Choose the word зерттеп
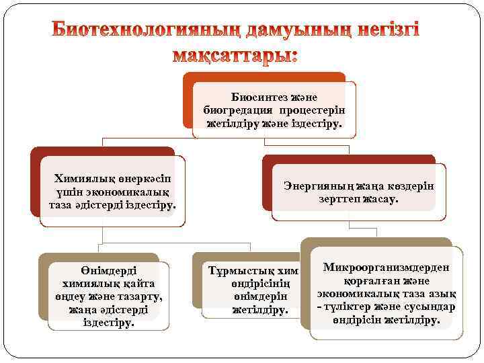pyautogui.click(x=339, y=199)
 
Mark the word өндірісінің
pyautogui.click(x=253, y=284)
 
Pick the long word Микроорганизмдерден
pyautogui.click(x=386, y=268)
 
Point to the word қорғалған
pyautogui.click(x=370, y=280)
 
